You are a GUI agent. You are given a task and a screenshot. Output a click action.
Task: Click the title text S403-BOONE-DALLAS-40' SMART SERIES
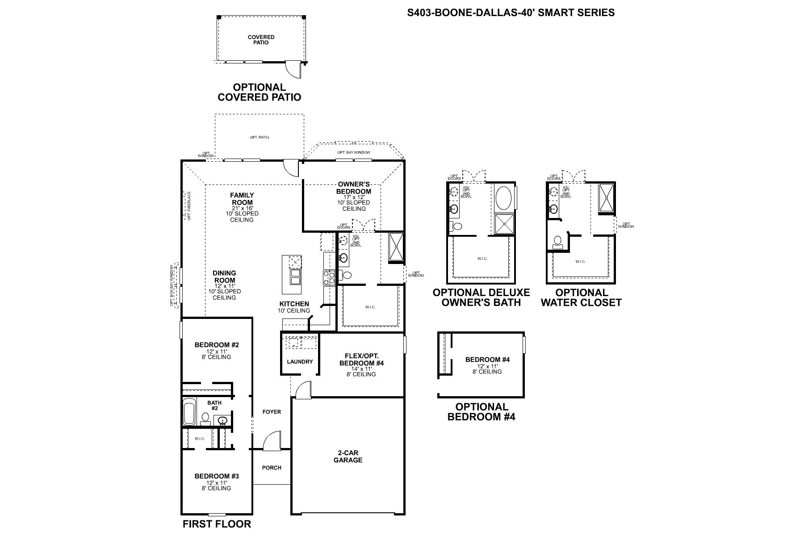[x=511, y=13]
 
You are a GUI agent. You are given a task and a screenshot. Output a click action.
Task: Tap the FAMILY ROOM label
[x=242, y=199]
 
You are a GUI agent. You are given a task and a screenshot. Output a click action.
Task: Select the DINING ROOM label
[x=224, y=276]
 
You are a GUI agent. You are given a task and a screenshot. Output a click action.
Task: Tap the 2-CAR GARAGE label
[x=348, y=456]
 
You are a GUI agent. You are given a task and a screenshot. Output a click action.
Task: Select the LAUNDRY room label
[x=300, y=361]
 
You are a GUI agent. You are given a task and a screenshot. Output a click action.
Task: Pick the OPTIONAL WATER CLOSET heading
[x=581, y=297]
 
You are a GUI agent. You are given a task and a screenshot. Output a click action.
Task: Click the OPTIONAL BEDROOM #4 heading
[x=482, y=412]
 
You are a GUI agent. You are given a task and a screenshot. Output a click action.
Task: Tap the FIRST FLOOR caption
[x=217, y=524]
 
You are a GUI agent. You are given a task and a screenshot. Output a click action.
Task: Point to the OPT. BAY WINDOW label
[x=354, y=152]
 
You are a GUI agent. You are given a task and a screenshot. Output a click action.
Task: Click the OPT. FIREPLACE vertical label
[x=189, y=206]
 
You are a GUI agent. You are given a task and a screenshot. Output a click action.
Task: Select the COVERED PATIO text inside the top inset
[x=261, y=40]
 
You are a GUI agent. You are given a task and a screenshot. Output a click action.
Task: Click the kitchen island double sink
[x=295, y=277]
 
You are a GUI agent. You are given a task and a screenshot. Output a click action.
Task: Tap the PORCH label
[x=272, y=468]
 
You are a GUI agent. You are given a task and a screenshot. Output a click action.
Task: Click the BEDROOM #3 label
[x=217, y=476]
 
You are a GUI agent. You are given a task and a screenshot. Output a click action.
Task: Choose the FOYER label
[x=272, y=411]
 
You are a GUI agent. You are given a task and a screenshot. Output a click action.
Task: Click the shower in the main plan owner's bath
[x=396, y=247]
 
